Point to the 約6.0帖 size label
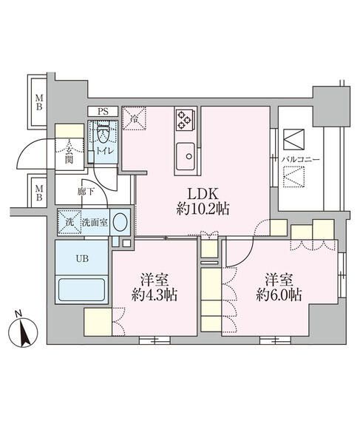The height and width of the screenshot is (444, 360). click(278, 295)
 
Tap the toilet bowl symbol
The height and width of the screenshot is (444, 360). click(103, 134)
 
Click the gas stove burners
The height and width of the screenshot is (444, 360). click(184, 118)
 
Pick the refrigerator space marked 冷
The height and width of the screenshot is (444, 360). click(135, 118)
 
